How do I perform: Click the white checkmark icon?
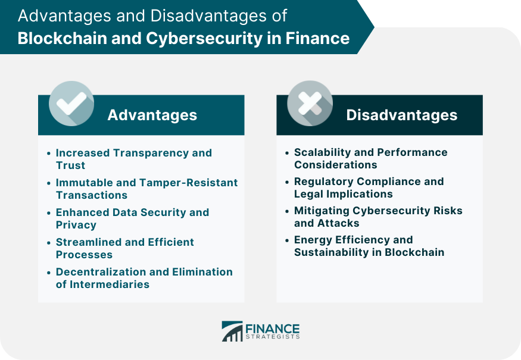[71, 103]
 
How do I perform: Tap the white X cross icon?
[310, 103]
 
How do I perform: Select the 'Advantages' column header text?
[152, 115]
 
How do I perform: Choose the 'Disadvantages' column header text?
[402, 115]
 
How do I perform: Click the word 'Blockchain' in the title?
[62, 38]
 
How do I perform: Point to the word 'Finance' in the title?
[317, 38]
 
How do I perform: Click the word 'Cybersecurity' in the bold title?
[204, 39]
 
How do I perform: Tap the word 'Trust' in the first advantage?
[70, 165]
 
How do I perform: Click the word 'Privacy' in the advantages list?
[76, 225]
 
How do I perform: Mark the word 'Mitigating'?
[322, 211]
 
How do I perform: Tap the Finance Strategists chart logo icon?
[232, 331]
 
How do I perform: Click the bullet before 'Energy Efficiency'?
[287, 240]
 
